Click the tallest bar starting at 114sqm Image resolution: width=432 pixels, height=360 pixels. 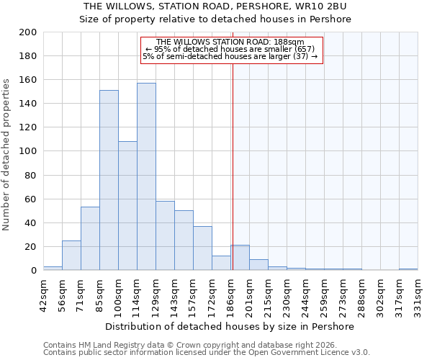146,176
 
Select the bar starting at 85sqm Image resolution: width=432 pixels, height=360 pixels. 109,180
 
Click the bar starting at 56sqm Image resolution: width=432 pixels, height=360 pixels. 71,255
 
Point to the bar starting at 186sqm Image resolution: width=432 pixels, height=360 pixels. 240,258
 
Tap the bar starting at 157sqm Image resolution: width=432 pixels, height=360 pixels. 202,248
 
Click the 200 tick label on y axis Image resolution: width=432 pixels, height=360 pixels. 28,32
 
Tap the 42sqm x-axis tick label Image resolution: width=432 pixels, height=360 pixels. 43,294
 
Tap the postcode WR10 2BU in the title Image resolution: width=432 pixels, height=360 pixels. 317,6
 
